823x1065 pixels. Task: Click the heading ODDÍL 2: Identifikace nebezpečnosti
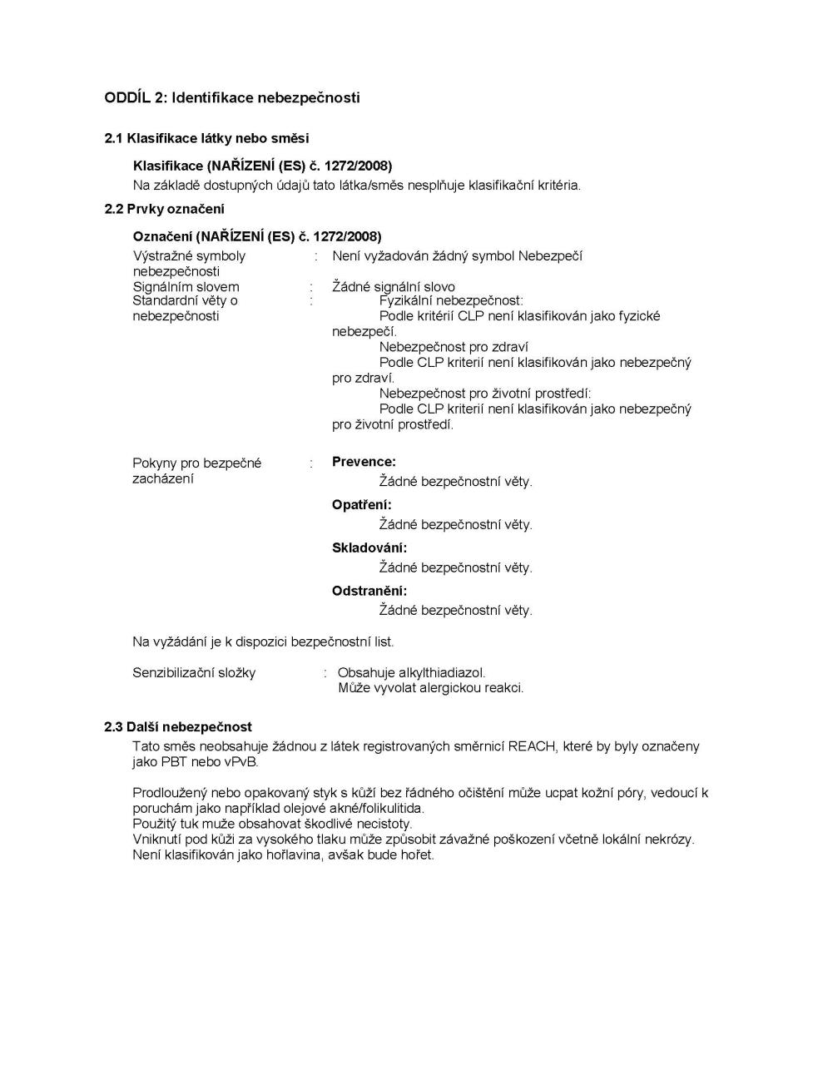(232, 97)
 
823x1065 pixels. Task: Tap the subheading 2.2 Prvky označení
(165, 209)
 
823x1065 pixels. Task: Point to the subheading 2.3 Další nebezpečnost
(178, 726)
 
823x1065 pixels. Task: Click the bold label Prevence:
(364, 462)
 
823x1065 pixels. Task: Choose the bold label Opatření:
(361, 505)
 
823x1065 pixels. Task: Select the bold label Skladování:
(369, 548)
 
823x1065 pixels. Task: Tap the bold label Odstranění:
(369, 591)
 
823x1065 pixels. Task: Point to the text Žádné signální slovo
(394, 287)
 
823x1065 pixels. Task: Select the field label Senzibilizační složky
(194, 672)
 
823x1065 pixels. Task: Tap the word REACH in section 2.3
(531, 746)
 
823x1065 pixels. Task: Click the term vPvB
(241, 761)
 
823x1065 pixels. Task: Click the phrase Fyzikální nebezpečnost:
(451, 300)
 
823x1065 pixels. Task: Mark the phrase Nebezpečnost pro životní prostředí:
(485, 394)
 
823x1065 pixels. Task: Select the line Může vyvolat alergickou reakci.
(431, 688)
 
